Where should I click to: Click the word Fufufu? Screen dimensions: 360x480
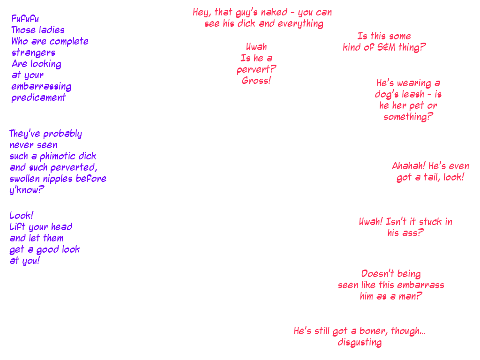(26, 19)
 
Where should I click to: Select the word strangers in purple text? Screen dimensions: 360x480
(34, 52)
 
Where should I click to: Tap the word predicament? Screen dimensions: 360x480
(39, 98)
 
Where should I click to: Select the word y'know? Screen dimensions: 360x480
(27, 190)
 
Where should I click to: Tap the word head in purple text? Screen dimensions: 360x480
(61, 227)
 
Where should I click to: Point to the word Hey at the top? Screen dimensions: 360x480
(202, 13)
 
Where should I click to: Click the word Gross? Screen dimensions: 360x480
(256, 81)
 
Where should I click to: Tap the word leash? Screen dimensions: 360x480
(413, 95)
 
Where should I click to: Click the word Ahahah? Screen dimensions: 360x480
(409, 166)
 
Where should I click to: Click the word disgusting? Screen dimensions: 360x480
(360, 343)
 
